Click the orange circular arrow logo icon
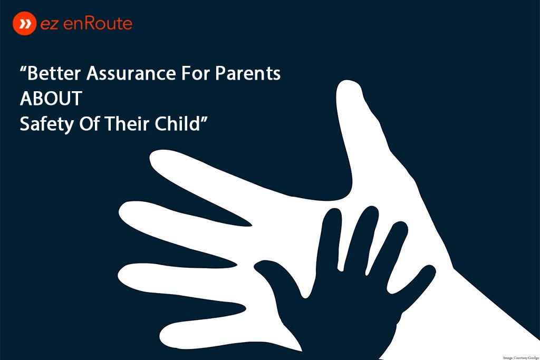(24, 24)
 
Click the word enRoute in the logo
(101, 24)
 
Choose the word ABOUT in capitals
(51, 99)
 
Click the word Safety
(44, 124)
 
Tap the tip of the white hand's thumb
(349, 87)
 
